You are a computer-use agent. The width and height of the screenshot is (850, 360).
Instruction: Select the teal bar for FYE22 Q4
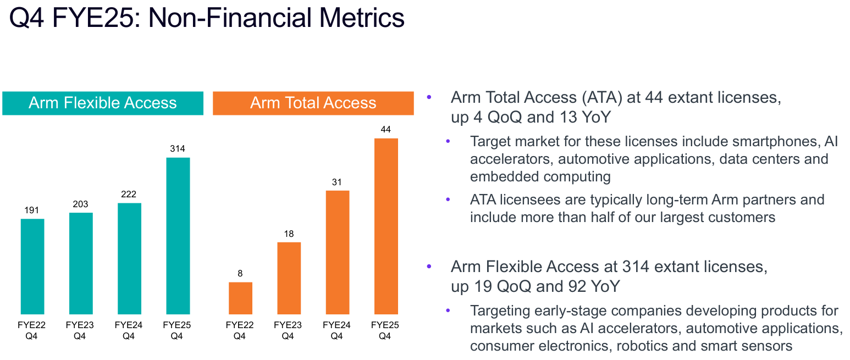(32, 266)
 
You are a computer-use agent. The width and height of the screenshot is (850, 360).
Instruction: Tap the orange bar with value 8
(240, 298)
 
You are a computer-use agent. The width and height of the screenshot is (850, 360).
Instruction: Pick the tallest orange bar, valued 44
(386, 226)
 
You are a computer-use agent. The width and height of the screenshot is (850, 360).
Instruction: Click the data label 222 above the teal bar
(129, 194)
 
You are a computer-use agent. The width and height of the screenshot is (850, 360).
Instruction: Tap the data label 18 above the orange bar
(289, 234)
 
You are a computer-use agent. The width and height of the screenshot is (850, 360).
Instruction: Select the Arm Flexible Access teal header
(103, 103)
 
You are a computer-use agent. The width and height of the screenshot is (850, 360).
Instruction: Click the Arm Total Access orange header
(313, 103)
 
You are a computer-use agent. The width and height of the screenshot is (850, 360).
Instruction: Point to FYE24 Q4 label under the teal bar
(129, 330)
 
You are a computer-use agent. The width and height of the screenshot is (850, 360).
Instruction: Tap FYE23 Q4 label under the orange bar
(288, 330)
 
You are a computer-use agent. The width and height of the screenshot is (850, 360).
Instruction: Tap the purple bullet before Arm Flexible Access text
(430, 267)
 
